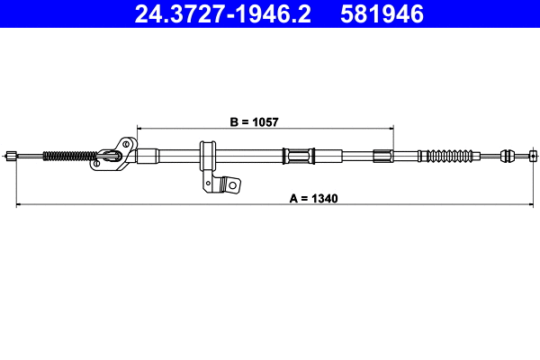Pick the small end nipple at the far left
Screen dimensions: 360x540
tap(10, 155)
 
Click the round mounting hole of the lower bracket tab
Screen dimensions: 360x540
tap(232, 186)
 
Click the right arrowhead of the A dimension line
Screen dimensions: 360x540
tap(534, 205)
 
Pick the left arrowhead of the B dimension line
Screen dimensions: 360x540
tap(139, 126)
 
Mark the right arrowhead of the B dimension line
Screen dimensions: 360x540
tap(390, 126)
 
